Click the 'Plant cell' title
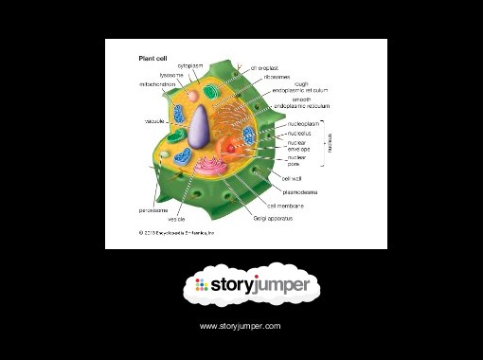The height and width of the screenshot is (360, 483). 154,57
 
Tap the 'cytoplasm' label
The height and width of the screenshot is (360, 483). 191,66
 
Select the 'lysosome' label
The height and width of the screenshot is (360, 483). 171,75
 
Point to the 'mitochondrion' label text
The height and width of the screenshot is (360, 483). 157,84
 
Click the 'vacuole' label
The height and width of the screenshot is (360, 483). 155,122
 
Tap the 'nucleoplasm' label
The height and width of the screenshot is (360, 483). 306,124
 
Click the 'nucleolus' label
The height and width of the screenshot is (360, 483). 300,134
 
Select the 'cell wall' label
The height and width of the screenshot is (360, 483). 292,177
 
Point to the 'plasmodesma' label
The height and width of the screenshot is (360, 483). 300,191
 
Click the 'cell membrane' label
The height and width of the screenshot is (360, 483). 285,205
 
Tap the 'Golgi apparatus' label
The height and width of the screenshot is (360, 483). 273,218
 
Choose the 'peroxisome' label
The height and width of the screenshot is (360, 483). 153,209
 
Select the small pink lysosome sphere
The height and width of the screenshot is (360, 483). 193,97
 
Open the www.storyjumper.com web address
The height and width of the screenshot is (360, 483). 241,326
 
